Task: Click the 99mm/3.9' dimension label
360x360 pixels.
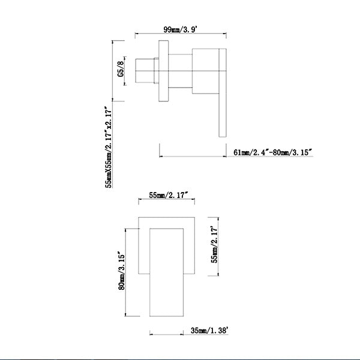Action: pyautogui.click(x=181, y=29)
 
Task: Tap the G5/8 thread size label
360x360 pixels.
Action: pyautogui.click(x=121, y=69)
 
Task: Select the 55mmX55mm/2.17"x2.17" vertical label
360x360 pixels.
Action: pyautogui.click(x=109, y=147)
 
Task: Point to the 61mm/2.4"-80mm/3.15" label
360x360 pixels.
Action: pyautogui.click(x=273, y=152)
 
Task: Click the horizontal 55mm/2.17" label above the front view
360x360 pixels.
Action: pyautogui.click(x=169, y=196)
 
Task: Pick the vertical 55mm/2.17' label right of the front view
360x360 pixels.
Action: pyautogui.click(x=214, y=245)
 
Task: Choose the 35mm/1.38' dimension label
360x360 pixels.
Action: pyautogui.click(x=209, y=331)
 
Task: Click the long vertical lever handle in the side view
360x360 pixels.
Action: pyautogui.click(x=223, y=93)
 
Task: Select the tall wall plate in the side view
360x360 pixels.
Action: pyautogui.click(x=163, y=71)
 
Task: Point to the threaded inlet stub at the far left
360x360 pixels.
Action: pyautogui.click(x=145, y=71)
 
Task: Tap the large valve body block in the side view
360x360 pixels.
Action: pyautogui.click(x=205, y=71)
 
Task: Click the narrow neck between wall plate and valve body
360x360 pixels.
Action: pyautogui.click(x=180, y=71)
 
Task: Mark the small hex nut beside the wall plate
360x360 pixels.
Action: pyautogui.click(x=157, y=71)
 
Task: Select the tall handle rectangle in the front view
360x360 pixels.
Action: pyautogui.click(x=166, y=272)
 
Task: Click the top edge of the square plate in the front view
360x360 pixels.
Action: pyautogui.click(x=166, y=217)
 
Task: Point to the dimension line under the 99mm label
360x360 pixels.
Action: pyautogui.click(x=181, y=34)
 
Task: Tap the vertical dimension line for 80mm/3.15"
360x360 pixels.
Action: pyautogui.click(x=125, y=272)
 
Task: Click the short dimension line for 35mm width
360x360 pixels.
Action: pyautogui.click(x=166, y=334)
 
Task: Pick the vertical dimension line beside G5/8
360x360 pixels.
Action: pyautogui.click(x=125, y=71)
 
